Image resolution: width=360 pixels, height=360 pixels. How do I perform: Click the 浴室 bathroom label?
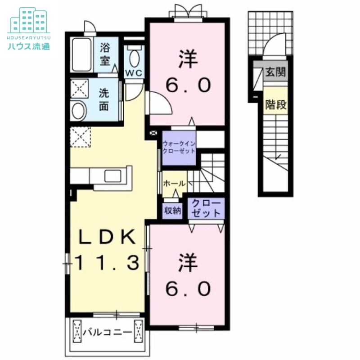pyautogui.click(x=105, y=54)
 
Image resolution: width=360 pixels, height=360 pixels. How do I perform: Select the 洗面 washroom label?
pyautogui.click(x=104, y=100)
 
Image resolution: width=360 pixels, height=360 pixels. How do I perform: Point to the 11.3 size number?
pyautogui.click(x=107, y=263)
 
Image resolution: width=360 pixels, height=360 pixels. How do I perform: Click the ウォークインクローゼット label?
pyautogui.click(x=179, y=147)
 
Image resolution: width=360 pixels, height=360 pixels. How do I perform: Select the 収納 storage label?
pyautogui.click(x=172, y=210)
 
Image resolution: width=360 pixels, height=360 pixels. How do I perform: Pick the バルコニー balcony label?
pyautogui.click(x=107, y=332)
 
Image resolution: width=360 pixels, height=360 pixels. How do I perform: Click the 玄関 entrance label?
pyautogui.click(x=276, y=72)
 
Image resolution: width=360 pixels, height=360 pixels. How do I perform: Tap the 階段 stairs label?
pyautogui.click(x=276, y=105)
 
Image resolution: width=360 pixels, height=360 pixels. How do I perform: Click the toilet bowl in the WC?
pyautogui.click(x=134, y=57)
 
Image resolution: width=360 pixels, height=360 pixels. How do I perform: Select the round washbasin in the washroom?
pyautogui.click(x=79, y=111)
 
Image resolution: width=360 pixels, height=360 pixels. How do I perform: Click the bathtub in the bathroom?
pyautogui.click(x=82, y=55)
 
